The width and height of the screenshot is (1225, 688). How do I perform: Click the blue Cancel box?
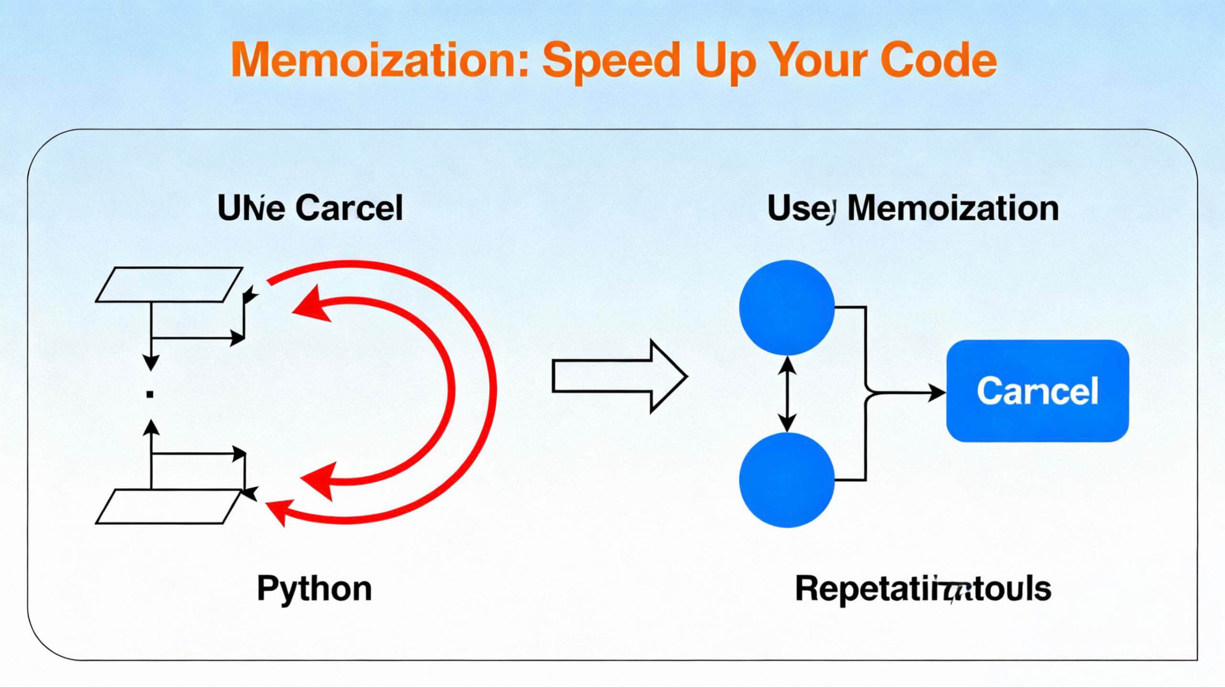[x=1037, y=391]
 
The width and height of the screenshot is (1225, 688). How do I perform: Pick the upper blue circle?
[x=787, y=308]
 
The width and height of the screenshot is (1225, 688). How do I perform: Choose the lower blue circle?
[x=787, y=480]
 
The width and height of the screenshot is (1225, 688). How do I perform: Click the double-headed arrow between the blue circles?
[x=787, y=394]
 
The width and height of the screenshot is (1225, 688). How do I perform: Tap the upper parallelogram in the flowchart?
[x=168, y=285]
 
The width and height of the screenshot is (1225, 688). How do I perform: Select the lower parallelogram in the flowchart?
[x=168, y=507]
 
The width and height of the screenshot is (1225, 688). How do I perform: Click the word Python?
[x=314, y=589]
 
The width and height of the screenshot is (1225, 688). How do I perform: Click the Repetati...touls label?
[x=923, y=589]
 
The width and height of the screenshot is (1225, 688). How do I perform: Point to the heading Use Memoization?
[x=913, y=209]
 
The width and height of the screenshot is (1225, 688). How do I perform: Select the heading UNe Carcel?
[x=310, y=209]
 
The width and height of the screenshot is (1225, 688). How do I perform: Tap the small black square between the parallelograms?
[x=150, y=394]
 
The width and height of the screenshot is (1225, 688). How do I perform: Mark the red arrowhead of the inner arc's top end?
[x=309, y=304]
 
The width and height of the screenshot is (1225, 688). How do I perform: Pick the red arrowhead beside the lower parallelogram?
[x=278, y=510]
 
